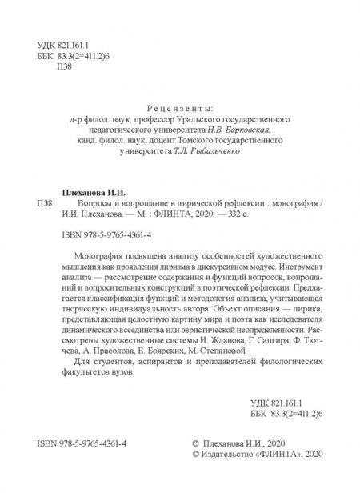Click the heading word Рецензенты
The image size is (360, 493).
pyautogui.click(x=181, y=108)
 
